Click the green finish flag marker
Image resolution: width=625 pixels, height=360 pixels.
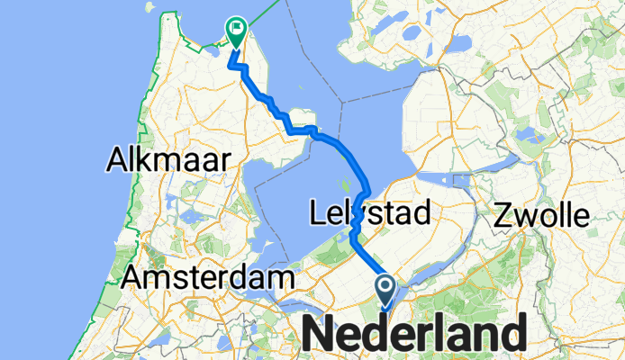(x=236, y=32)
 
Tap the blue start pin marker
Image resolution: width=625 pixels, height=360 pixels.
(x=385, y=290)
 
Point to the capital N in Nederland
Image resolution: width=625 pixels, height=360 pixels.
(x=327, y=335)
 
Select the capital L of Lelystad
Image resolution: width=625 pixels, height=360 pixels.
(x=318, y=214)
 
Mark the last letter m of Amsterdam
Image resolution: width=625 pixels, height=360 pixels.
(x=281, y=277)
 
